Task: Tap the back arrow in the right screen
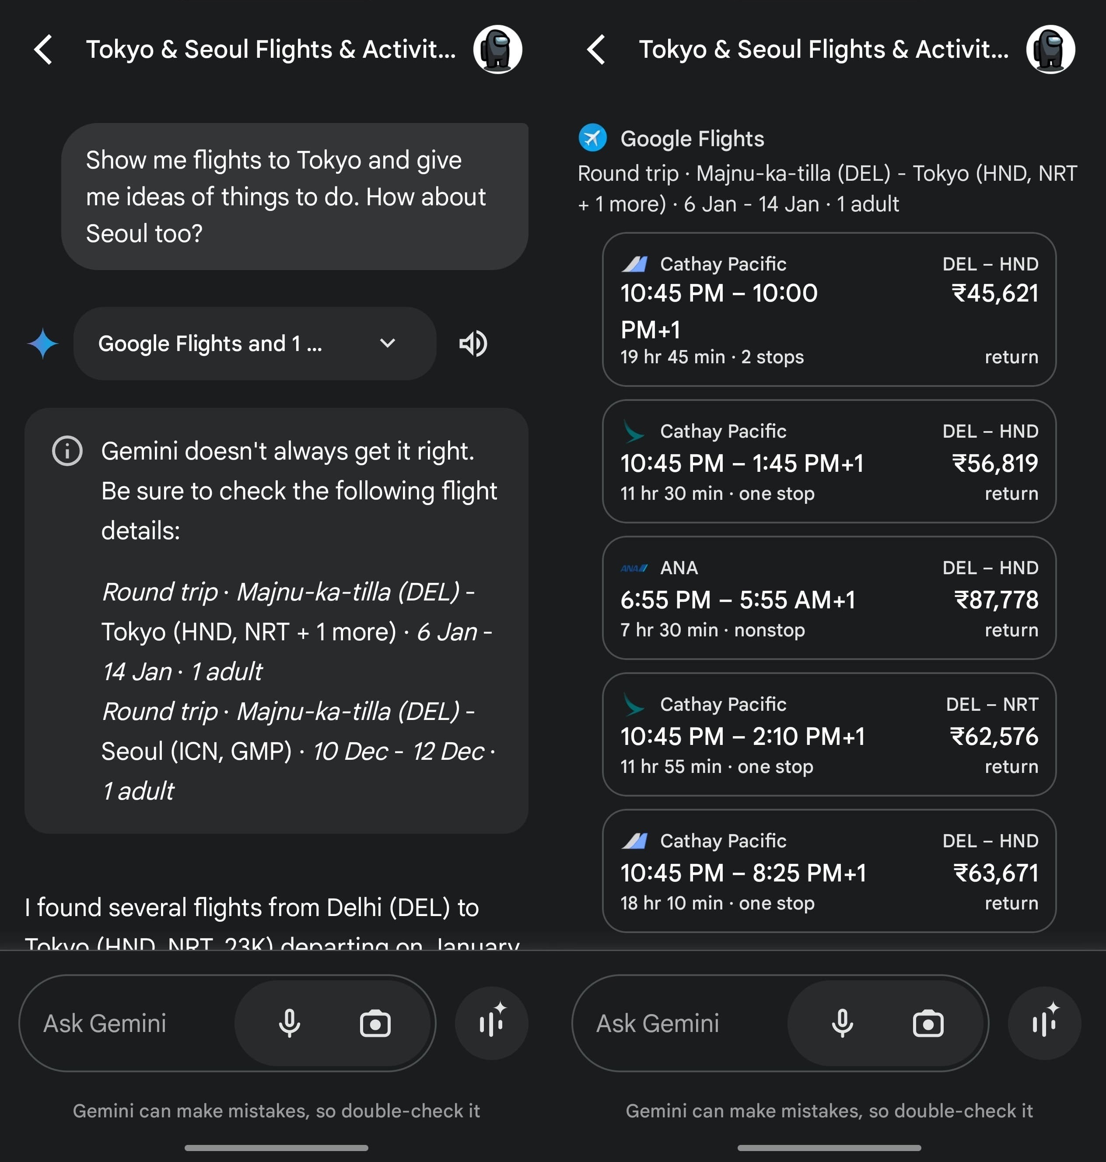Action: pyautogui.click(x=596, y=49)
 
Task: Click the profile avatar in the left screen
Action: pyautogui.click(x=497, y=49)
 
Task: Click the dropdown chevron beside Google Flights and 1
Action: pyautogui.click(x=387, y=343)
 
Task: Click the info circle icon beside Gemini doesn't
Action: pyautogui.click(x=67, y=451)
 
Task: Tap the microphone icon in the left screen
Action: pyautogui.click(x=289, y=1023)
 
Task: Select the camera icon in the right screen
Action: pyautogui.click(x=928, y=1023)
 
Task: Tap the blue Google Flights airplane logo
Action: pyautogui.click(x=592, y=138)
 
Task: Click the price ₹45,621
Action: pyautogui.click(x=995, y=293)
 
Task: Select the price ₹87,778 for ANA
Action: pyautogui.click(x=996, y=600)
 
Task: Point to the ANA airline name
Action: pyautogui.click(x=679, y=568)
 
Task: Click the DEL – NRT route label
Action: pyautogui.click(x=992, y=704)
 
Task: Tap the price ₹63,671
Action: pyautogui.click(x=996, y=873)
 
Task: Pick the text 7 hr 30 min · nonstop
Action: pyautogui.click(x=712, y=630)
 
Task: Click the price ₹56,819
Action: pyautogui.click(x=995, y=463)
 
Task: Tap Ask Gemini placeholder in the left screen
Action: pyautogui.click(x=105, y=1023)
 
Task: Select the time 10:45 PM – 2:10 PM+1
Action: pyautogui.click(x=742, y=736)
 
